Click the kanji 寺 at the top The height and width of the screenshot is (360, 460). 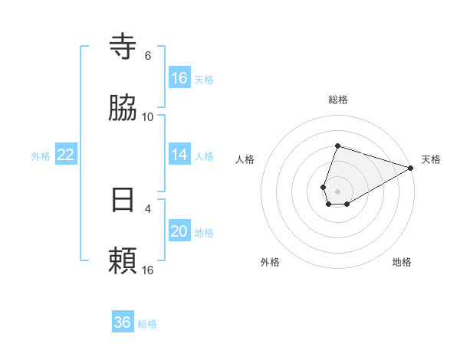coord(123,47)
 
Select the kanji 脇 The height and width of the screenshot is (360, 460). coord(123,108)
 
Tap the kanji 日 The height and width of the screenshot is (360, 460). coord(123,200)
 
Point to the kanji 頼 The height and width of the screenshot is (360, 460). coord(123,261)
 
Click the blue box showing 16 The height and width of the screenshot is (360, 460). coord(179,78)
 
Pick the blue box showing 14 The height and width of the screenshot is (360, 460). coord(179,155)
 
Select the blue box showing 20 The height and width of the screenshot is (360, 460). coord(179,231)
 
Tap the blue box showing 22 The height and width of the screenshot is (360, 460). coord(66,155)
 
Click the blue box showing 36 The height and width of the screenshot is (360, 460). coord(123,322)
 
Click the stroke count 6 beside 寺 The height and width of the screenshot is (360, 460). coord(148,56)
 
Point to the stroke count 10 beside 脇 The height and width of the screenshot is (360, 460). coord(148,117)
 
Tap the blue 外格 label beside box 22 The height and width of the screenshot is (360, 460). coord(41,156)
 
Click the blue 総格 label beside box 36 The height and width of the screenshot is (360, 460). coord(147,324)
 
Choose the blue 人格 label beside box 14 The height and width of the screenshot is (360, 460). coord(204,156)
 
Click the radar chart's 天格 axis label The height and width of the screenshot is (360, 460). coord(431,159)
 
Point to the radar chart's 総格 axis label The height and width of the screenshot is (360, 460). coord(337,100)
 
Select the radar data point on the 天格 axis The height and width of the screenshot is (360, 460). coord(412,167)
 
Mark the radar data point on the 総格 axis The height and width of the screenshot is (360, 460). coord(337,146)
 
